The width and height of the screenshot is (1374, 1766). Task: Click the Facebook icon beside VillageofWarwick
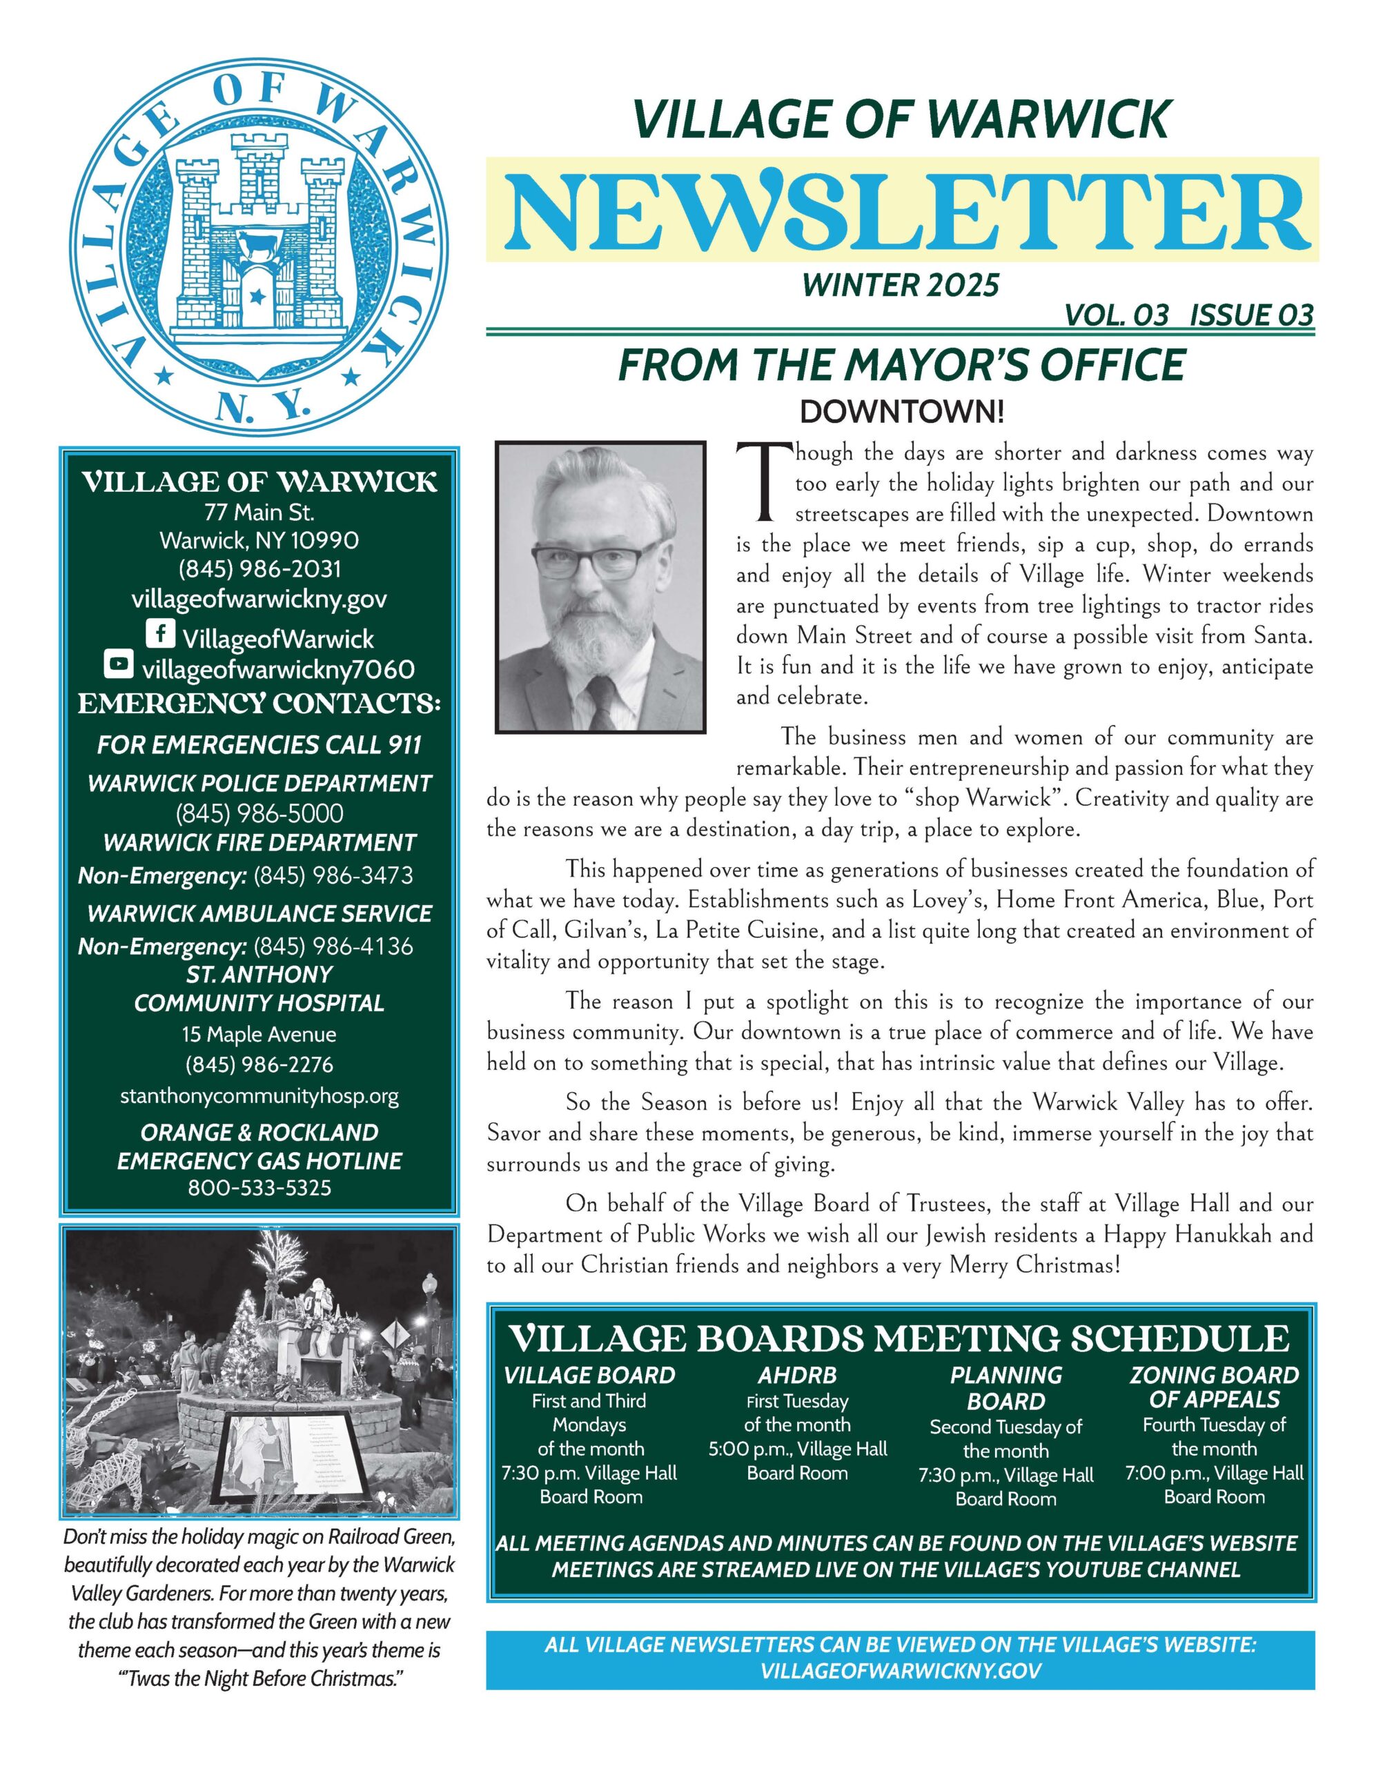(160, 633)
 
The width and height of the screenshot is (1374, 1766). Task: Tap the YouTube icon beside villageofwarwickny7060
(118, 665)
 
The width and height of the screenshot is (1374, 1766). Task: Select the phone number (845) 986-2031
(259, 568)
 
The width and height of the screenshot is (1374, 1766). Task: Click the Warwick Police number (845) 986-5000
(259, 813)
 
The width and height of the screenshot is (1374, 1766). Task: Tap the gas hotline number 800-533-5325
(259, 1187)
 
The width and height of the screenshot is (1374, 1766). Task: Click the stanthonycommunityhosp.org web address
(259, 1095)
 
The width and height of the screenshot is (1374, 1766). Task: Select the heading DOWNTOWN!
(902, 413)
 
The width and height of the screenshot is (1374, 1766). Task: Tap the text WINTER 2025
(901, 285)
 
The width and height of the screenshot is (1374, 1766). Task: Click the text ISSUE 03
(1252, 315)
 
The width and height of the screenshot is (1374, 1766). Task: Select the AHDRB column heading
(797, 1376)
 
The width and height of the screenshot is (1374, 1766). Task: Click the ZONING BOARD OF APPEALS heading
(1214, 1387)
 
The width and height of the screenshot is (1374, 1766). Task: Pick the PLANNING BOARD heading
(1006, 1387)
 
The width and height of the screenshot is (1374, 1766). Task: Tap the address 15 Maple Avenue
(259, 1034)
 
